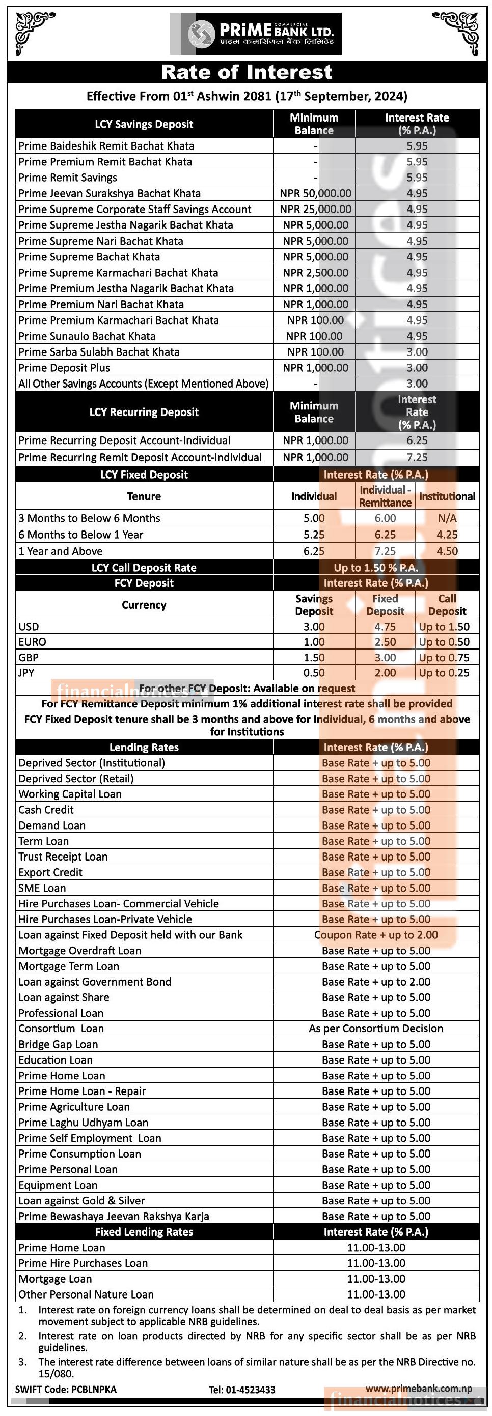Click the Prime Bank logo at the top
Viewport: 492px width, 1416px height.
point(255,34)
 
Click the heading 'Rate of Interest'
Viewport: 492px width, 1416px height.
point(246,72)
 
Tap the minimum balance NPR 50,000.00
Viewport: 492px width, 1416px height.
point(315,193)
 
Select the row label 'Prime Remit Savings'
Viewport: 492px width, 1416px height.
point(68,178)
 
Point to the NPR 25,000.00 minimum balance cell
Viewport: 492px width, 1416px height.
point(315,210)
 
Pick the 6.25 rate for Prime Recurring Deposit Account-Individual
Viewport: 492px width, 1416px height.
point(417,441)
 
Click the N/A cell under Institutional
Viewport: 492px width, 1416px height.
point(447,518)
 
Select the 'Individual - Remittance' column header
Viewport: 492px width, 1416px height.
point(385,496)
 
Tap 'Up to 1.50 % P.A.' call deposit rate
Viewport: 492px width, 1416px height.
point(376,568)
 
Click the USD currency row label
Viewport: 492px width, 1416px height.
point(29,627)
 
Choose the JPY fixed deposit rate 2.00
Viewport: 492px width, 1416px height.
point(385,673)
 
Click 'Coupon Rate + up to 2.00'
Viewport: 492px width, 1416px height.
point(376,935)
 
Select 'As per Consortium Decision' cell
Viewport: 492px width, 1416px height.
point(376,1028)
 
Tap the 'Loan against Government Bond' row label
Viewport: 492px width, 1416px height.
point(95,982)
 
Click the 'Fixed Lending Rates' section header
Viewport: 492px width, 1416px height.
point(144,1232)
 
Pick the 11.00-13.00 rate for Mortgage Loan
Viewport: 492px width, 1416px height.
point(376,1279)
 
